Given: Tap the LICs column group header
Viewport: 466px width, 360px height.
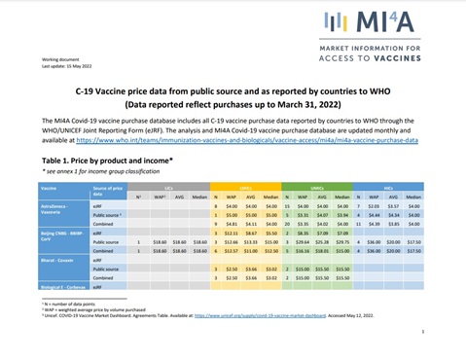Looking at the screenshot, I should [x=170, y=186].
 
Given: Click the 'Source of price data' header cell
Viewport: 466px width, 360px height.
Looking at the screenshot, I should [x=108, y=190].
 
